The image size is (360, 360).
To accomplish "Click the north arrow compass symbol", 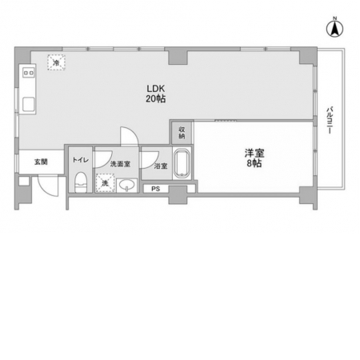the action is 334,28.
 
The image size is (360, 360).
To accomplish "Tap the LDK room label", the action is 156,88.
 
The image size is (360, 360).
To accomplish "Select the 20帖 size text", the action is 156,98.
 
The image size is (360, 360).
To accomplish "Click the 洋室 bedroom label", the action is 254,154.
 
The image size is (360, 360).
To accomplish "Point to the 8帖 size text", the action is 254,163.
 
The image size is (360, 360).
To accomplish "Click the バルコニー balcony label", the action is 330,120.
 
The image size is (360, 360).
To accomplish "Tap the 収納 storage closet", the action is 182,133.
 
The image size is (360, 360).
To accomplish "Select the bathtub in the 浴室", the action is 182,163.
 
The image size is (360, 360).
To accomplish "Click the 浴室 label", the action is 161,166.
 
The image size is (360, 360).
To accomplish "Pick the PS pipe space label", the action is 156,189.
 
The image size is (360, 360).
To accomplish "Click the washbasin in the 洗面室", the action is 127,186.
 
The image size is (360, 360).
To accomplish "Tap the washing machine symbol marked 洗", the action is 105,183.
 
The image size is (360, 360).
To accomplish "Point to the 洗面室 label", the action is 120,164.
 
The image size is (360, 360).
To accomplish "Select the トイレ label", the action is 81,160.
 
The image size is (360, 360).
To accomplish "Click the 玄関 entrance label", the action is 41,162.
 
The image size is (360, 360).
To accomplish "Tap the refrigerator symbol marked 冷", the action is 56,62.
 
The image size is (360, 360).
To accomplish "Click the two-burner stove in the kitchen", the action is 29,72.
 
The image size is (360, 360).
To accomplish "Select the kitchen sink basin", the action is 29,104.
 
